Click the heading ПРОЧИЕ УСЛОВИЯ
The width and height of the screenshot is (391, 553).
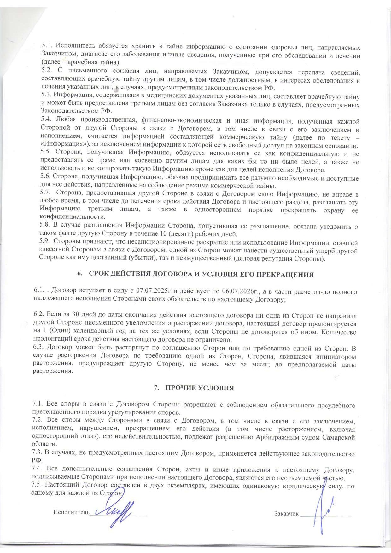(x=200, y=388)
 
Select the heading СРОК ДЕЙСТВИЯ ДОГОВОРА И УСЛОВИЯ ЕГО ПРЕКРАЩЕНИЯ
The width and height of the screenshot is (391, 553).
(x=201, y=274)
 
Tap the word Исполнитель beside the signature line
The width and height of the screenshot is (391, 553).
(x=71, y=512)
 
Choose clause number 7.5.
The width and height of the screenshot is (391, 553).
(x=37, y=485)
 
